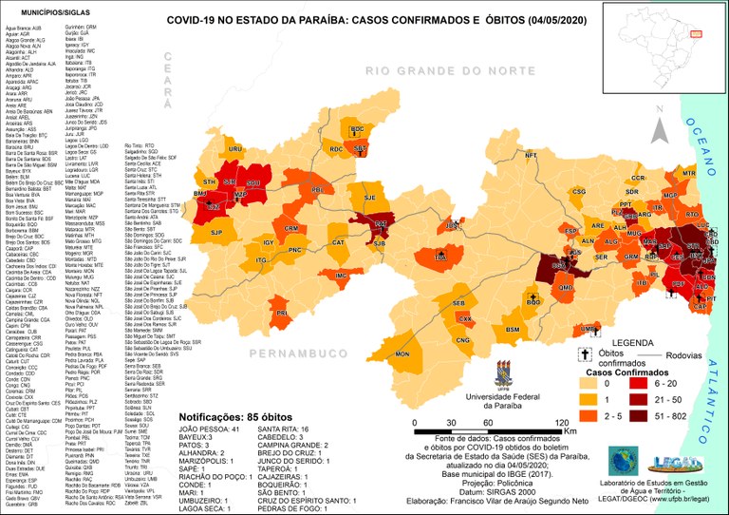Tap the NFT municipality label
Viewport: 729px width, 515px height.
[x=531, y=155]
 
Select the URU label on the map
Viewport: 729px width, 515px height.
[x=234, y=149]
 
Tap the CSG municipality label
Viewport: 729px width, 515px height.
[x=578, y=191]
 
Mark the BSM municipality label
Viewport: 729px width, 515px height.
[x=513, y=330]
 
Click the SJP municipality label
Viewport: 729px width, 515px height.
[x=216, y=232]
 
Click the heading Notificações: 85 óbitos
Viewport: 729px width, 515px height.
[x=234, y=416]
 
